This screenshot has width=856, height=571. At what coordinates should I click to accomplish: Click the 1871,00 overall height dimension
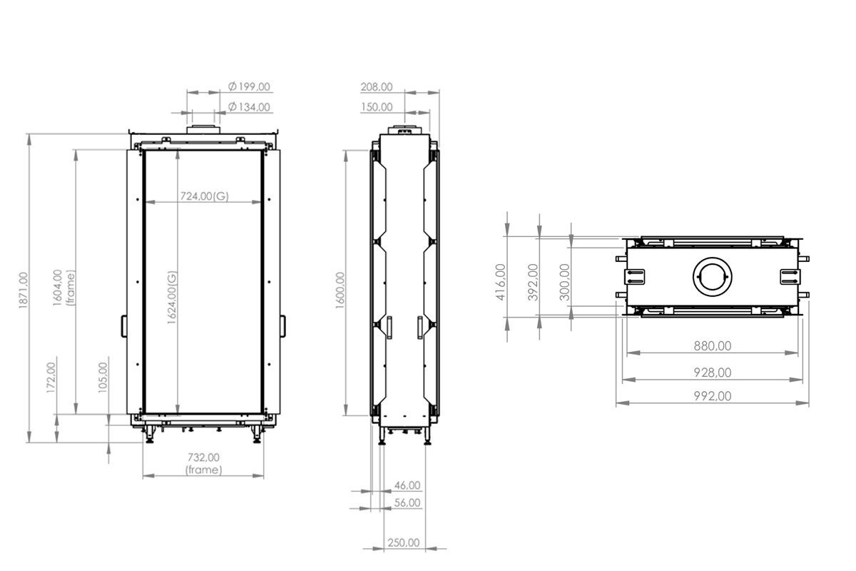click(x=24, y=290)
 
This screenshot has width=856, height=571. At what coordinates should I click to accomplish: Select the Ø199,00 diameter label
click(x=249, y=87)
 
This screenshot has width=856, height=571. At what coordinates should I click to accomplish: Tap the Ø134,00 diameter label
click(x=249, y=107)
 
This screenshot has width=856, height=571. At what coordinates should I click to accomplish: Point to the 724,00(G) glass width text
click(x=205, y=196)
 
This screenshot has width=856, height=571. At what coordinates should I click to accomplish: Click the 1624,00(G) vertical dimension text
click(x=173, y=298)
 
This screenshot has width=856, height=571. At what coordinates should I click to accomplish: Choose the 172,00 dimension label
click(x=51, y=378)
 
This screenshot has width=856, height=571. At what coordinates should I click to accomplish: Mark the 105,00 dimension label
click(x=103, y=378)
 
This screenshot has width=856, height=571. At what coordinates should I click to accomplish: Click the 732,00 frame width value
click(x=204, y=458)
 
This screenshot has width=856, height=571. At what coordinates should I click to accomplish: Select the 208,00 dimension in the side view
click(x=377, y=87)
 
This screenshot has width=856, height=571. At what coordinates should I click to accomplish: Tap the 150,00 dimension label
click(x=377, y=107)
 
